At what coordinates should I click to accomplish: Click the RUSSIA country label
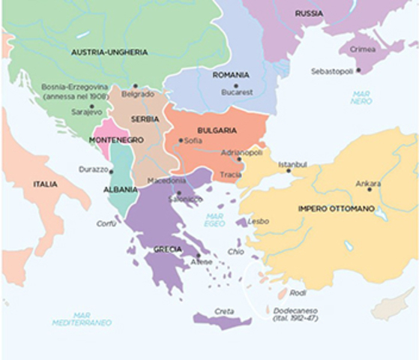309,13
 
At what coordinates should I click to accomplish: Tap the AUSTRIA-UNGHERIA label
109,52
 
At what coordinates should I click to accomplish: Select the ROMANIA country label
231,75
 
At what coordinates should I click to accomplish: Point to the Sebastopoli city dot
358,70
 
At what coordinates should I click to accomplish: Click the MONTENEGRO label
115,140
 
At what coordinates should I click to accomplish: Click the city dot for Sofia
180,140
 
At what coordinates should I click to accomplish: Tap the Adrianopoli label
241,152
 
